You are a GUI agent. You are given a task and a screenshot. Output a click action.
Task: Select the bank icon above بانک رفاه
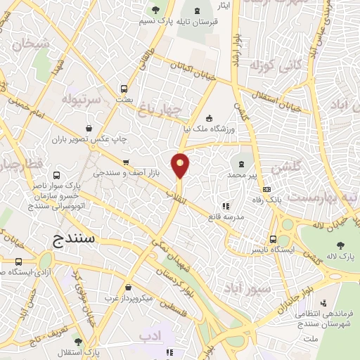[266, 189]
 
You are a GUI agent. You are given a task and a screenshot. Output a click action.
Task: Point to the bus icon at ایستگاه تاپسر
[274, 239]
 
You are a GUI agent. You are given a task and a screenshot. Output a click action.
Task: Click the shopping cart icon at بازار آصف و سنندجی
[125, 162]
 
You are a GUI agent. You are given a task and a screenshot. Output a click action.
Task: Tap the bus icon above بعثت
[124, 89]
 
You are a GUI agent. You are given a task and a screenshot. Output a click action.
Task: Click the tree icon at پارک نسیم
[156, 9]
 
